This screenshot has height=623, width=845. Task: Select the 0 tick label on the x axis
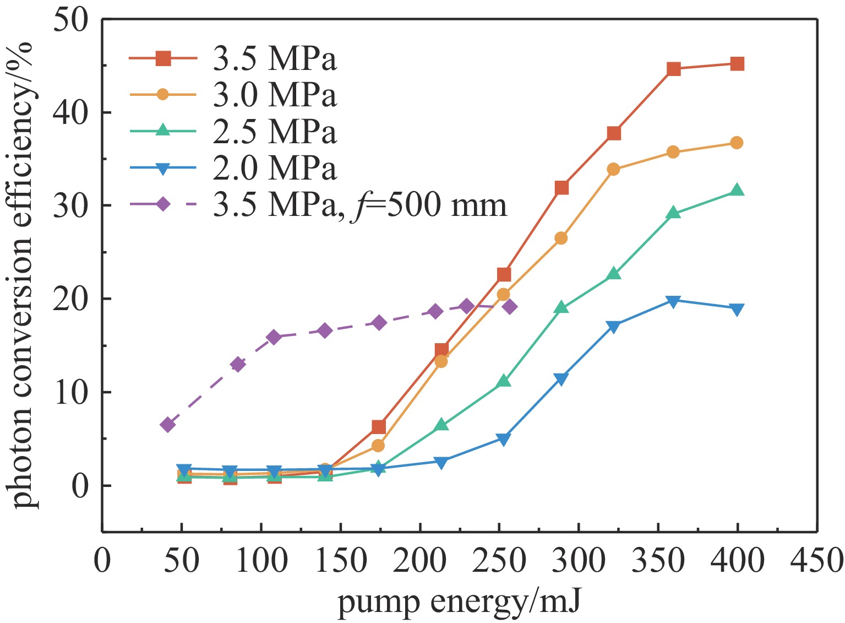[x=102, y=561]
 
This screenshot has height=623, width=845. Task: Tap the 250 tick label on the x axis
[x=499, y=561]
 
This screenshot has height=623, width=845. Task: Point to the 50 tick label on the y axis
[x=70, y=20]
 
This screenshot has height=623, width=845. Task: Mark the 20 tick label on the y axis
[x=70, y=300]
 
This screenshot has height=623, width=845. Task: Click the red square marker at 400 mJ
[x=737, y=64]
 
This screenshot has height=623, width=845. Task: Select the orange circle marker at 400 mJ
[x=737, y=143]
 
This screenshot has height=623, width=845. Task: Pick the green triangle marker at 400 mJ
[x=737, y=191]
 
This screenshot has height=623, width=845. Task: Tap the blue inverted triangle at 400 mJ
[x=737, y=310]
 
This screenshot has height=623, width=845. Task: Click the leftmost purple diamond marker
[x=168, y=425]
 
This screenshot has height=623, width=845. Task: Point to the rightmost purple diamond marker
[x=510, y=307]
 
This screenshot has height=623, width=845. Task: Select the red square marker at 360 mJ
[x=674, y=69]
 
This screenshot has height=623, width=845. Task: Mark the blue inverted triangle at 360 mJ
[x=673, y=301]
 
